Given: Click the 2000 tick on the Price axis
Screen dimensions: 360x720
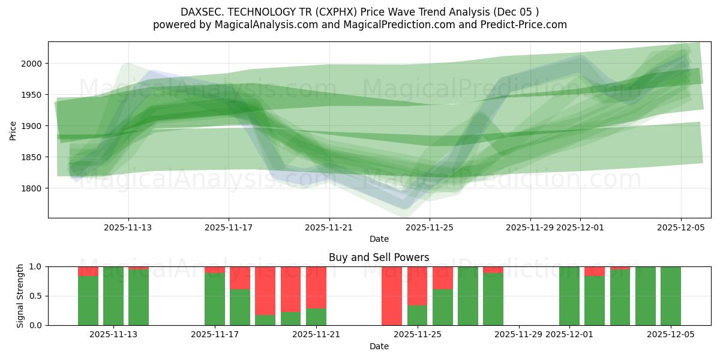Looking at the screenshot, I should (x=32, y=64).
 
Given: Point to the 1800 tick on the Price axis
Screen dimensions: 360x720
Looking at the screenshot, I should (x=32, y=188).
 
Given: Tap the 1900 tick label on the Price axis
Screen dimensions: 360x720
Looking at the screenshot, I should (x=32, y=126).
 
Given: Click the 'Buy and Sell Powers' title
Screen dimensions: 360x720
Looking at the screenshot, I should (x=379, y=257).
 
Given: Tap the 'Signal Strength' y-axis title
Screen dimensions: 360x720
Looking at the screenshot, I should (x=20, y=295).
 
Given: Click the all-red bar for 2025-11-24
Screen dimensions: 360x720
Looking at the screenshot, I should (x=392, y=296).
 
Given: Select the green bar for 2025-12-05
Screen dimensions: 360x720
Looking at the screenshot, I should (x=671, y=296).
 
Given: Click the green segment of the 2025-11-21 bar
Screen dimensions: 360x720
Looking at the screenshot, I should (x=316, y=317).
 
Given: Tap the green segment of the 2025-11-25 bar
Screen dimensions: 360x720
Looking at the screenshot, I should (x=418, y=315).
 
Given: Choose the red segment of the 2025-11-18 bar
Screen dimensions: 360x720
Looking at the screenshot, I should (x=240, y=278).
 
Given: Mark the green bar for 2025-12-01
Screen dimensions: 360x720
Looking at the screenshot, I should (x=569, y=296).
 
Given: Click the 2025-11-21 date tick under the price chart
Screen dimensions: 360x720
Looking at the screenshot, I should (x=329, y=227).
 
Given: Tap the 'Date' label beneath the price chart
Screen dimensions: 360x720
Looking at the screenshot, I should (x=379, y=239).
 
